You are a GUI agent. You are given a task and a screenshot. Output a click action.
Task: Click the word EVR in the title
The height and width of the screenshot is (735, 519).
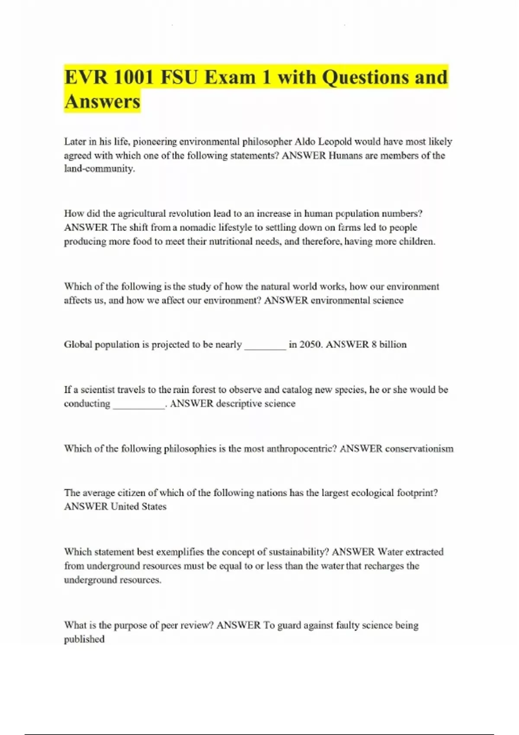coord(86,78)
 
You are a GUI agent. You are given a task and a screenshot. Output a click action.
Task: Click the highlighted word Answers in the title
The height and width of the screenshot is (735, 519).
coord(102,102)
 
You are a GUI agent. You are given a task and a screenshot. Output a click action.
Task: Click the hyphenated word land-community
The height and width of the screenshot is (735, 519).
coord(99,169)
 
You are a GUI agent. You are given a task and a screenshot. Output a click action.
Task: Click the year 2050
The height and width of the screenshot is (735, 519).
coord(311,345)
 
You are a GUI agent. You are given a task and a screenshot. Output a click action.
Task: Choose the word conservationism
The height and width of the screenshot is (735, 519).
coord(419,448)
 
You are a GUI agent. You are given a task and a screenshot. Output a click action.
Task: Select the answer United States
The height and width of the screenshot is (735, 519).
coord(138,506)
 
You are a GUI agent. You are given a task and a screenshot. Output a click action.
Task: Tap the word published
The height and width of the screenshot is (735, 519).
coord(84,639)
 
